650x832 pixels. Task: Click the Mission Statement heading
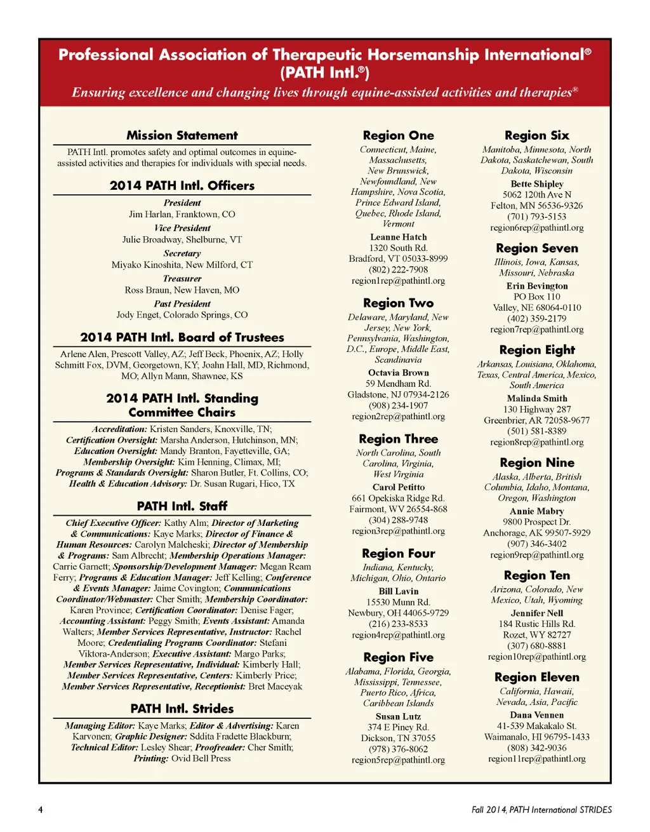[182, 135]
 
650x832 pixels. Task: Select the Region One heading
[398, 135]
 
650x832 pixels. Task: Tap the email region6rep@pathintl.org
[536, 227]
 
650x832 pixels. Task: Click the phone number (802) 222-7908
[398, 269]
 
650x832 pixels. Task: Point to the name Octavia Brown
[398, 373]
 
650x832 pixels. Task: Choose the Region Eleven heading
[536, 677]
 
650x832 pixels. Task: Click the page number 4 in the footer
[41, 810]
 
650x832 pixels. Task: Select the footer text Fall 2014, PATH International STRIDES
[541, 810]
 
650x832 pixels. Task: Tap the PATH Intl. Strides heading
[182, 709]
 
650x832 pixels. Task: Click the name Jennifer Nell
[536, 613]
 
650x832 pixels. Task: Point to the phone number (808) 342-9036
[536, 748]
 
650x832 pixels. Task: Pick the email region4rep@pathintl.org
[398, 634]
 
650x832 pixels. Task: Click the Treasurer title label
[182, 278]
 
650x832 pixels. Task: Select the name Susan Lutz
[398, 716]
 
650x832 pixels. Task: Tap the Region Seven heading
[536, 248]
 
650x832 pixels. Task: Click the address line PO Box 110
[536, 297]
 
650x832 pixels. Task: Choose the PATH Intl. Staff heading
[182, 506]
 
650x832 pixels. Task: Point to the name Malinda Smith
[536, 398]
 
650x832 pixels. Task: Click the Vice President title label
[182, 228]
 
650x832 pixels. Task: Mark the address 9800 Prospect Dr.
[536, 522]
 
